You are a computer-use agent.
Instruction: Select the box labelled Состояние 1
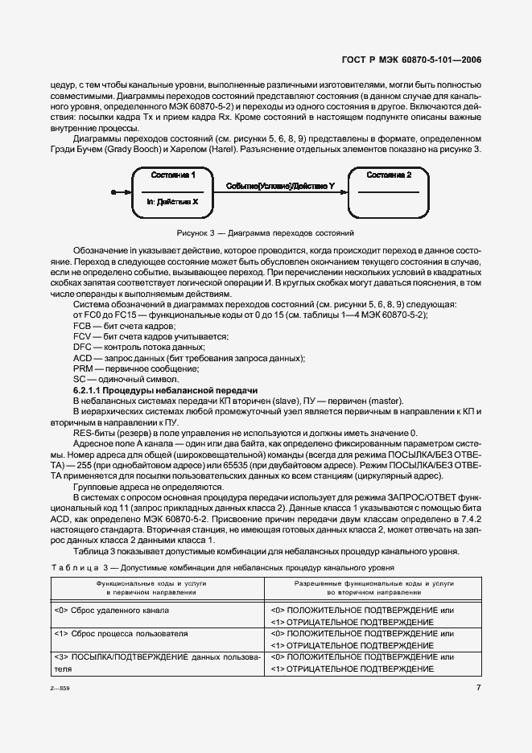[173, 192]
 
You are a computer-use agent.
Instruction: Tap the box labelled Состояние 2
[389, 192]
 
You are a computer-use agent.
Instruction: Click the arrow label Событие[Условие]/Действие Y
[281, 185]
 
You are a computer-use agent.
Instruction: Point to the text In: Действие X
[172, 203]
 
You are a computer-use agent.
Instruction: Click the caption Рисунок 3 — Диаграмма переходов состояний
[265, 233]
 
